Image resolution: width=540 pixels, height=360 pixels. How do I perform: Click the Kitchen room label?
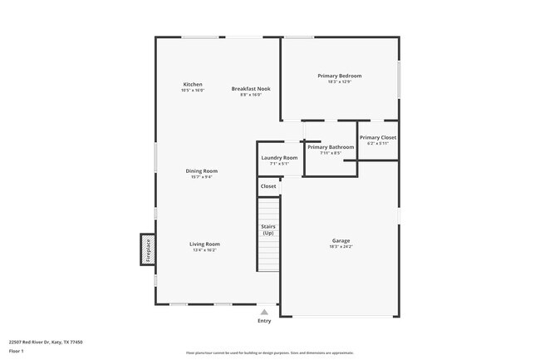coord(193,84)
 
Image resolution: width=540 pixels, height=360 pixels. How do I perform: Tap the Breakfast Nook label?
coord(251,88)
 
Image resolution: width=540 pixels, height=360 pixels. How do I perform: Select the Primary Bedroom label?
coord(339,76)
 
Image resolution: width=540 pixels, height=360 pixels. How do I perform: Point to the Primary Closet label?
coord(378,137)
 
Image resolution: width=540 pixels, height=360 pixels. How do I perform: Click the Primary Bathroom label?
coord(331,147)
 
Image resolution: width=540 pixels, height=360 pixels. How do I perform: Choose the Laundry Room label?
coord(279,157)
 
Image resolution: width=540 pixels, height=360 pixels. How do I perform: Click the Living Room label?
coord(204,244)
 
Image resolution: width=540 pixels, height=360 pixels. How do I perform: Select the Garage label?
coord(341,241)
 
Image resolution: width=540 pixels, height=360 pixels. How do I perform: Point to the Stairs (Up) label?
coord(268,229)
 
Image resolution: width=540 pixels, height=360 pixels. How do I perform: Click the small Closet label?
coord(268,186)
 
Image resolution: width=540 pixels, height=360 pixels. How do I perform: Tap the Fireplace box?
coord(148,249)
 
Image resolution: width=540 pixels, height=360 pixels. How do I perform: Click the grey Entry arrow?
coord(264,312)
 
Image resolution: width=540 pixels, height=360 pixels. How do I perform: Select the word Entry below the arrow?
coord(264,321)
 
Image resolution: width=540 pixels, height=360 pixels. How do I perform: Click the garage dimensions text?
coord(341,247)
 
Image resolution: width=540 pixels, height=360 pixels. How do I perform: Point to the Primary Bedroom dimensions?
coord(339,81)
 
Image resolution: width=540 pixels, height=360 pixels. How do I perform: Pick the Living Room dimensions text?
coord(204,249)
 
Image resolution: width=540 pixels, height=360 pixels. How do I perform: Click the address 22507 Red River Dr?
coord(46,342)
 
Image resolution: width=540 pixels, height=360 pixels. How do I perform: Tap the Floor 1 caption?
coord(17,351)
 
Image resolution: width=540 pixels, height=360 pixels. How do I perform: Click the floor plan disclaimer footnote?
coord(270,353)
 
